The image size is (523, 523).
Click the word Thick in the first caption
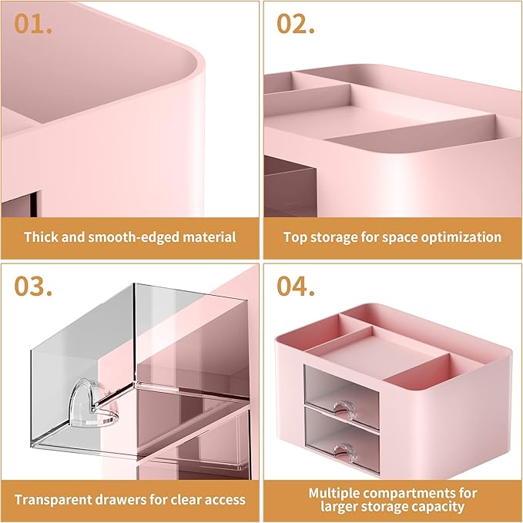pyautogui.click(x=42, y=237)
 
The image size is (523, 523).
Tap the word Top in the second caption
pyautogui.click(x=296, y=237)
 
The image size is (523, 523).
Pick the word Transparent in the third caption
pyautogui.click(x=52, y=499)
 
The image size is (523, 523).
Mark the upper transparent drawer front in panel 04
pyautogui.click(x=343, y=387)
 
